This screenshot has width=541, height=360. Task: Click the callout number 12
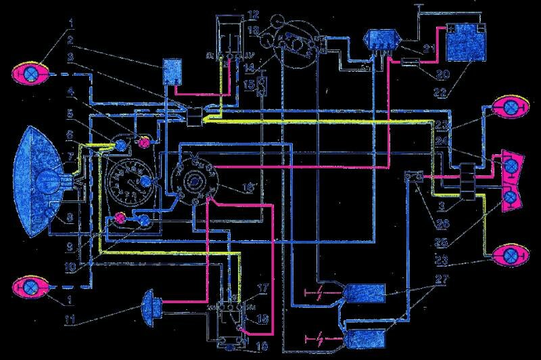(253, 14)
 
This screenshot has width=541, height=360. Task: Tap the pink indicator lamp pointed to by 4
(143, 143)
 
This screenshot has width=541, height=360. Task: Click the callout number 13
(252, 30)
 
